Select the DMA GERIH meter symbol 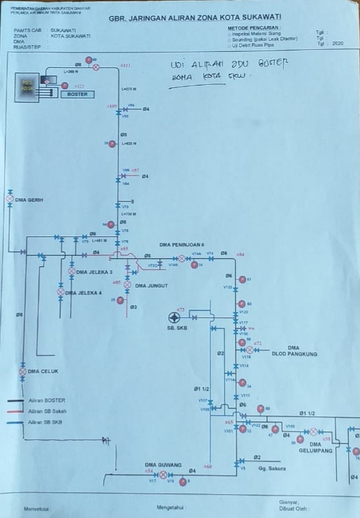coord(10,199)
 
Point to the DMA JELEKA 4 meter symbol coord(61,293)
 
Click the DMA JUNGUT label coord(150,285)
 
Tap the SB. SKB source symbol coord(174,317)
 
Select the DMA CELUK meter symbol coord(23,372)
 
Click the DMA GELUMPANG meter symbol coord(313,431)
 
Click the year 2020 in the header coord(337,43)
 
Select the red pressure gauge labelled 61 coord(242,280)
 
